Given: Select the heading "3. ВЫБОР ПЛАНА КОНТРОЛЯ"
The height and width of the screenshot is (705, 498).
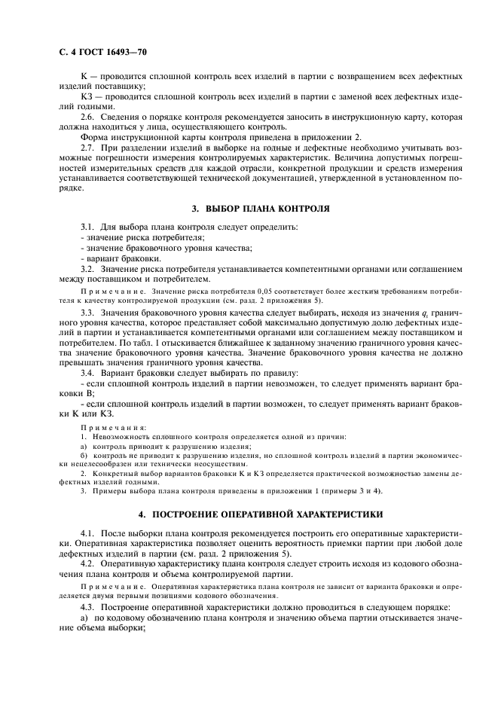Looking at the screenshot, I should (x=249, y=207).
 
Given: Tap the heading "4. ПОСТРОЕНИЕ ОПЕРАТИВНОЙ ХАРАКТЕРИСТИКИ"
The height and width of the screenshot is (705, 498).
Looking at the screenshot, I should (x=249, y=514).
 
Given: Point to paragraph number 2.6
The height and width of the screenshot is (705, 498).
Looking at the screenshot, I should (x=88, y=117).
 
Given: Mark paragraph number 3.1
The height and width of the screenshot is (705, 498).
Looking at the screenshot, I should (x=88, y=227).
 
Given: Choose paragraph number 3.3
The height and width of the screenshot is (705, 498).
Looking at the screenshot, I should (x=88, y=311).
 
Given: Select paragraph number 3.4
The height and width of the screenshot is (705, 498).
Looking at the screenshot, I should (x=88, y=373).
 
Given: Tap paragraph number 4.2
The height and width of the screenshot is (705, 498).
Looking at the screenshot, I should (x=88, y=563).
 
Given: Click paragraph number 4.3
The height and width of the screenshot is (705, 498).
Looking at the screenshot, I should (x=88, y=606).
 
